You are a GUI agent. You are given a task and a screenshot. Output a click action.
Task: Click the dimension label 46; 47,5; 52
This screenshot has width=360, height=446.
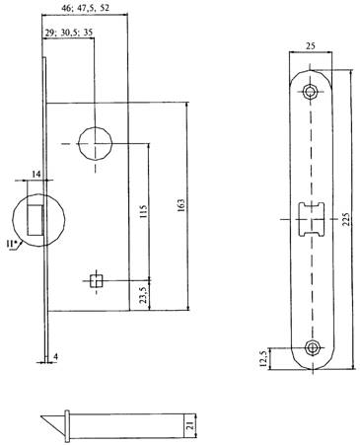pyautogui.click(x=85, y=8)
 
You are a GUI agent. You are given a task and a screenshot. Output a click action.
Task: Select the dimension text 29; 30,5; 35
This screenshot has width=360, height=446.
pyautogui.click(x=69, y=32)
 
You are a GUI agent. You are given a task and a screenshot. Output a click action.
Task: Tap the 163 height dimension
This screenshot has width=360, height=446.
pyautogui.click(x=182, y=205)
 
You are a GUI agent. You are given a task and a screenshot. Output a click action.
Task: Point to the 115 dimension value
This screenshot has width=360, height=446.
pyautogui.click(x=143, y=212)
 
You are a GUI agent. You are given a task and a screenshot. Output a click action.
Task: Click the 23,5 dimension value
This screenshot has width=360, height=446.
pyautogui.click(x=143, y=295)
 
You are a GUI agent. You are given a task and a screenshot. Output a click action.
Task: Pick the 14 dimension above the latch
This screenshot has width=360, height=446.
pyautogui.click(x=36, y=174)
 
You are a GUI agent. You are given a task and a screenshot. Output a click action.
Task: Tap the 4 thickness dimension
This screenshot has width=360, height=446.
pyautogui.click(x=56, y=357)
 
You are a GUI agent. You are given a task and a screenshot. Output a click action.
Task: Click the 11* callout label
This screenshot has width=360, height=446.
pyautogui.click(x=12, y=244)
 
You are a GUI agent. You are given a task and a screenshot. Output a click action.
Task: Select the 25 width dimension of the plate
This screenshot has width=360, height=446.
pyautogui.click(x=311, y=45)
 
